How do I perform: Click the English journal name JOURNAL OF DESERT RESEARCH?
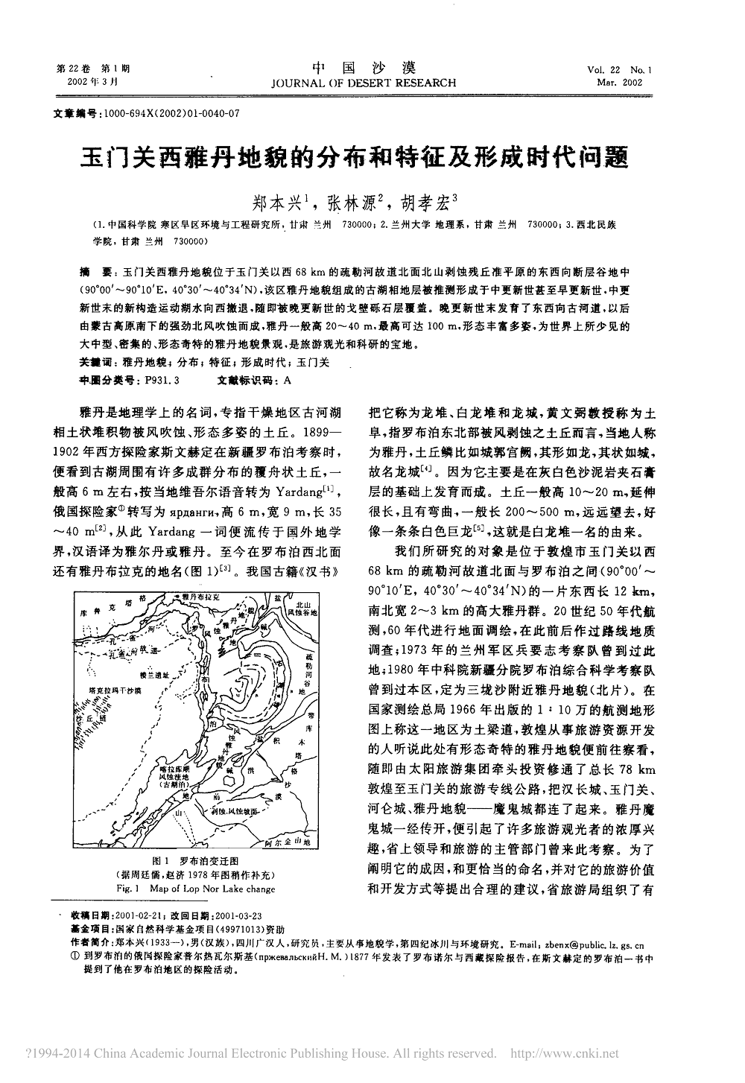click(372, 83)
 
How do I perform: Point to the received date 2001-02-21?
click(137, 915)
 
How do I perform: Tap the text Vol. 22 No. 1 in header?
click(618, 69)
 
